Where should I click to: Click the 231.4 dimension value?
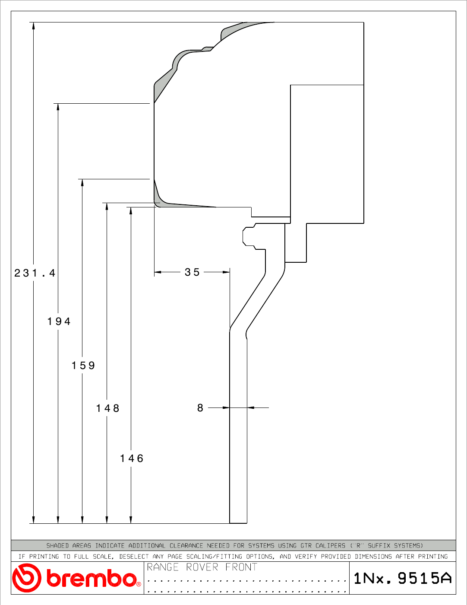(35, 273)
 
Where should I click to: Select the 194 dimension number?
(59, 322)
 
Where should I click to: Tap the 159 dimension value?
(83, 366)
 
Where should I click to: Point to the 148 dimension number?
(107, 408)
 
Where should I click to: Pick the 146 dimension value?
(132, 459)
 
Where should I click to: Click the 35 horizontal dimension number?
(192, 272)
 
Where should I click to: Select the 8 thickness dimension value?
(200, 408)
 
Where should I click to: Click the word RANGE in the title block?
(163, 567)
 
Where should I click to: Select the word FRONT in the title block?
(241, 567)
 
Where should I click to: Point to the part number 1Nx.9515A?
(403, 578)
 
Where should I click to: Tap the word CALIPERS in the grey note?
(330, 545)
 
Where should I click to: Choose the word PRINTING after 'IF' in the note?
(44, 557)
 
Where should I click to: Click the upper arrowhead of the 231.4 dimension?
(33, 25)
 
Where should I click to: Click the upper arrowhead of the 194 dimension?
(58, 107)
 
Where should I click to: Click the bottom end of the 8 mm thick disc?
(238, 523)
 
